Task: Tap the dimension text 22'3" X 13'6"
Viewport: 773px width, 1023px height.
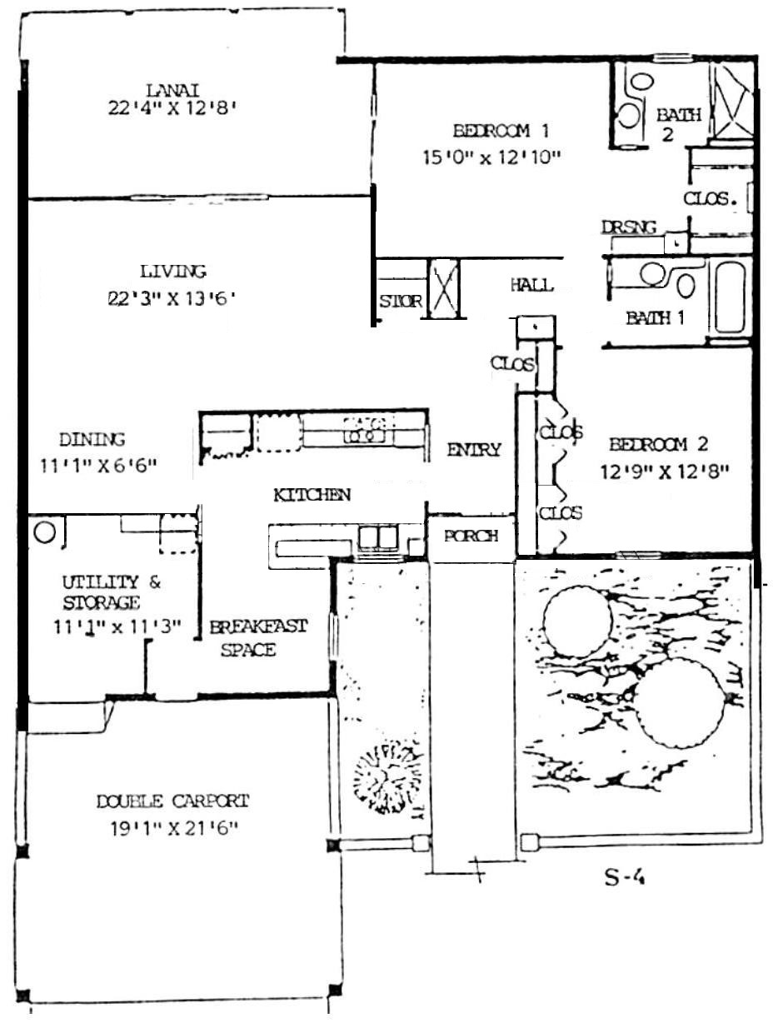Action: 171,298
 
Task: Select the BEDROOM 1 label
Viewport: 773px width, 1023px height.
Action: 501,131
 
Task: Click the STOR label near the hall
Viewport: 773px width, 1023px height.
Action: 401,302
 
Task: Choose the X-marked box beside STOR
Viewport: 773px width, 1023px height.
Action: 444,289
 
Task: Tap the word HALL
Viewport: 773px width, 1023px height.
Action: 532,285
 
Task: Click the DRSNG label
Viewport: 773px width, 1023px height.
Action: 629,227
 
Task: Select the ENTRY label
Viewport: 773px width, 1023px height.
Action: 474,450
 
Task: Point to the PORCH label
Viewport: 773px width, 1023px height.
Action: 471,536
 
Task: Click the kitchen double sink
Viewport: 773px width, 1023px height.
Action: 377,536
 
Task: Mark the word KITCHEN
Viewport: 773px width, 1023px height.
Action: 312,495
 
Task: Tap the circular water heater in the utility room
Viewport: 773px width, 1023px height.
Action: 45,532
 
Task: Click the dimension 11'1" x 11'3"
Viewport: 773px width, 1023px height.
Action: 117,627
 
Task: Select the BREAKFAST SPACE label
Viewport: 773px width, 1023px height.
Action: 257,638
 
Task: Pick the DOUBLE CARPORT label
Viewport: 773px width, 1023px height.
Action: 173,801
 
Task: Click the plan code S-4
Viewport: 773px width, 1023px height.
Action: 625,878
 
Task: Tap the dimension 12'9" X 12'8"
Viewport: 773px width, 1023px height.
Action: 664,473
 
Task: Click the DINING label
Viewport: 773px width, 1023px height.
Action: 92,440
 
